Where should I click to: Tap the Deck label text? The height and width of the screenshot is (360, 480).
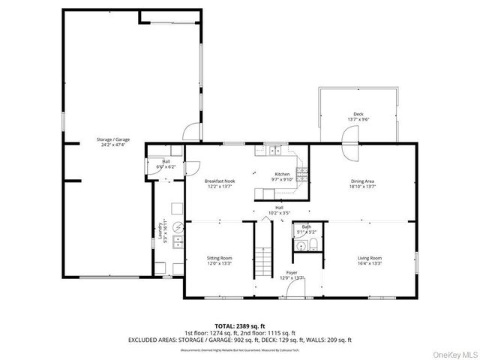(x=358, y=115)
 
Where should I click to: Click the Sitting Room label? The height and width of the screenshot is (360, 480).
(x=220, y=258)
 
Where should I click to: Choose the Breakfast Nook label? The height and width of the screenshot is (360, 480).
(x=220, y=181)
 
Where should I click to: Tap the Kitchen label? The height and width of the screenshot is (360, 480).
(x=281, y=174)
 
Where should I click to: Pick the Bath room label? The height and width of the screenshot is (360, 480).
(x=307, y=226)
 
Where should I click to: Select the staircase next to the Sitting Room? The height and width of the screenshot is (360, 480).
(x=263, y=262)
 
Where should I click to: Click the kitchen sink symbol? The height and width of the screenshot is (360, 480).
(x=273, y=151)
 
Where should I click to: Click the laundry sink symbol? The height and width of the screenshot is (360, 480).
(x=178, y=241)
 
